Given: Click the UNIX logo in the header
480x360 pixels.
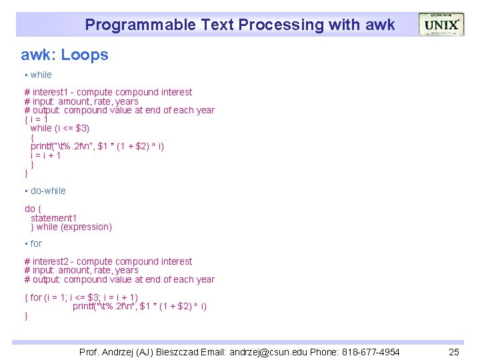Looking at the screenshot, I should click(441, 25).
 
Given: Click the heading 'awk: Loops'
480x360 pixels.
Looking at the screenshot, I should click(65, 55).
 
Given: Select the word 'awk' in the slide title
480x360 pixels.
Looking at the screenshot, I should click(380, 25).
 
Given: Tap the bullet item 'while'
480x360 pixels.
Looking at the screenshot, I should click(41, 75).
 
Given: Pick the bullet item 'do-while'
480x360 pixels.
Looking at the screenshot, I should click(48, 191).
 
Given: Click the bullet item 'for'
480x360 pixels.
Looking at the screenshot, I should click(36, 243).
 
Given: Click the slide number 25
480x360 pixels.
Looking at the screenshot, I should click(454, 351).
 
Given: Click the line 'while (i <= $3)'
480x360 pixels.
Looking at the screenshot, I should click(60, 128).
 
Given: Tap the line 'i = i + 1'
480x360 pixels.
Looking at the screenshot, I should click(46, 155).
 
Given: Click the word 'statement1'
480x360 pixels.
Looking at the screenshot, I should click(53, 218).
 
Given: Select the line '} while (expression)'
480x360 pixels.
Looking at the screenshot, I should click(71, 227).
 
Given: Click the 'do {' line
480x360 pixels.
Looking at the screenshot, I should click(33, 209).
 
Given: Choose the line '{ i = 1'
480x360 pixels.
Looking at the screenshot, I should click(36, 119).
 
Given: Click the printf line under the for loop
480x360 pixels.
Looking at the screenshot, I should click(139, 306).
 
